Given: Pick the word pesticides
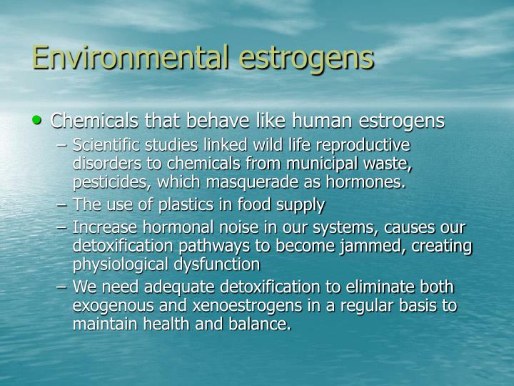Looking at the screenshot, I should tap(105, 182).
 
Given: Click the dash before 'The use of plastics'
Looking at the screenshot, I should tap(63, 205).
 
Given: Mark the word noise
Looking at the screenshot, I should tap(240, 228).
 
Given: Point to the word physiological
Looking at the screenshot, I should tap(121, 264).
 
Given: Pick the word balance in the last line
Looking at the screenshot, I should tap(263, 325).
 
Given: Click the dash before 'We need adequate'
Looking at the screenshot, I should tap(63, 288).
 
